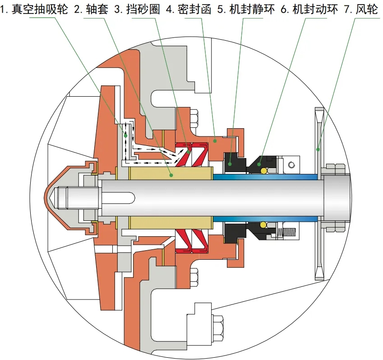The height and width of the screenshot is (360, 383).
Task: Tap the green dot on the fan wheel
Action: coord(318,149)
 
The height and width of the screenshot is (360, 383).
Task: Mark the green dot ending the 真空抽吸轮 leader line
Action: coord(126,135)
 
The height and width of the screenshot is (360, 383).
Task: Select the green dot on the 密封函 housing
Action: coord(215,141)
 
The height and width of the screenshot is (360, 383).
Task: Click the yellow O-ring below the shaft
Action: coord(263,224)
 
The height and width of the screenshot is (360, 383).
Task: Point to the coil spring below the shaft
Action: coord(287,233)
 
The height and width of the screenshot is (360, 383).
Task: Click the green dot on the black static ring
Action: coord(230,163)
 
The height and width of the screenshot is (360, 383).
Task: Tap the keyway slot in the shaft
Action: coord(122,197)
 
